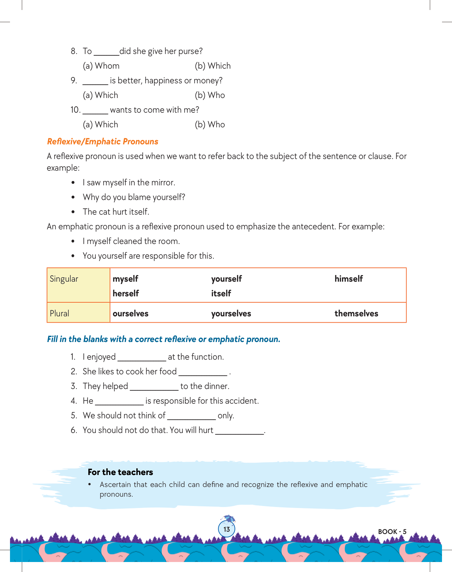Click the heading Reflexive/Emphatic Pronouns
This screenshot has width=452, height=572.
pyautogui.click(x=103, y=142)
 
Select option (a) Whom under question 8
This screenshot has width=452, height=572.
pyautogui.click(x=101, y=66)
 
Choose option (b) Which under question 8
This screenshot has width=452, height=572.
pyautogui.click(x=213, y=66)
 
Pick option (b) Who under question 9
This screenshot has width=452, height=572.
pyautogui.click(x=210, y=95)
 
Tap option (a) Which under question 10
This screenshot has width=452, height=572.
pyautogui.click(x=100, y=125)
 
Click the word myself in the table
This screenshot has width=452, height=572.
pyautogui.click(x=125, y=279)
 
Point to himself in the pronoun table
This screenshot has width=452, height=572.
pyautogui.click(x=348, y=279)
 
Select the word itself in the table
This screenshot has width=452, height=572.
pyautogui.click(x=221, y=294)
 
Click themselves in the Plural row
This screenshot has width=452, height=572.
pyautogui.click(x=356, y=314)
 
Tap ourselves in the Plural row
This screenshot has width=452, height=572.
pyautogui.click(x=130, y=314)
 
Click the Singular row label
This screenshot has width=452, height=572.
pyautogui.click(x=64, y=279)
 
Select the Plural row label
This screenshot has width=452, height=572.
pyautogui.click(x=60, y=314)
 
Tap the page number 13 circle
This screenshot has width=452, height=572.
pyautogui.click(x=227, y=529)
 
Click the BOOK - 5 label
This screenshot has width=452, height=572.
pyautogui.click(x=392, y=532)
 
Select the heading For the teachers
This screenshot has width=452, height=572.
pyautogui.click(x=120, y=472)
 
